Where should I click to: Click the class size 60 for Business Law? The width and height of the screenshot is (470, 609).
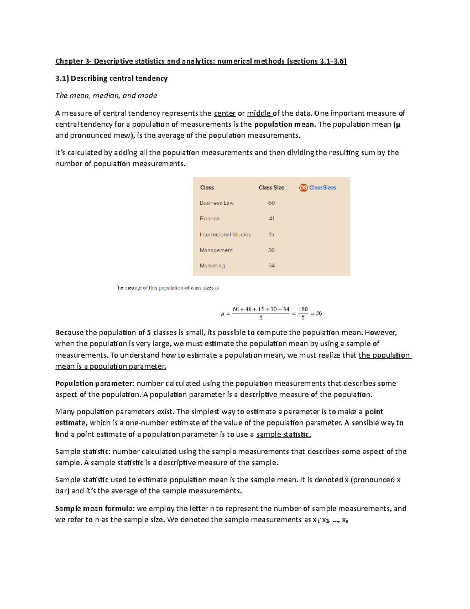(271, 203)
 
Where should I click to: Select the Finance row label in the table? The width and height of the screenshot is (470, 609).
(210, 219)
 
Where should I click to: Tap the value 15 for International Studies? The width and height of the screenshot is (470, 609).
(271, 235)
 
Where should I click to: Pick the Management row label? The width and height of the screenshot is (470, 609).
(216, 250)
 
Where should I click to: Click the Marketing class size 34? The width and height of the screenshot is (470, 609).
(271, 266)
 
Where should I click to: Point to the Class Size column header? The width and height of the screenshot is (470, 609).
(271, 188)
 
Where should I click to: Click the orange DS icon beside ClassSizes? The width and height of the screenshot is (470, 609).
(303, 188)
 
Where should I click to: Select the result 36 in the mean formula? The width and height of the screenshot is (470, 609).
(319, 313)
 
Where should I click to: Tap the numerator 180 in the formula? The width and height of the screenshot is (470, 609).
(303, 309)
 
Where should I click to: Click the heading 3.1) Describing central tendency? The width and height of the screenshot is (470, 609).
(111, 78)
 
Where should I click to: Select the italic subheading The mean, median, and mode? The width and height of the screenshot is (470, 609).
(106, 96)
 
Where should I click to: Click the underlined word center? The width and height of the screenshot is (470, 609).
(225, 113)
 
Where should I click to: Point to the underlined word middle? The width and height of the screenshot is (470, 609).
(259, 113)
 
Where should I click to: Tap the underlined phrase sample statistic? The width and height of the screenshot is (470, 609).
(284, 434)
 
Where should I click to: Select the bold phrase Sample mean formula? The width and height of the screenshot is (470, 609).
(95, 509)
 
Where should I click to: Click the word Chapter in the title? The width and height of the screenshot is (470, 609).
(69, 61)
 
